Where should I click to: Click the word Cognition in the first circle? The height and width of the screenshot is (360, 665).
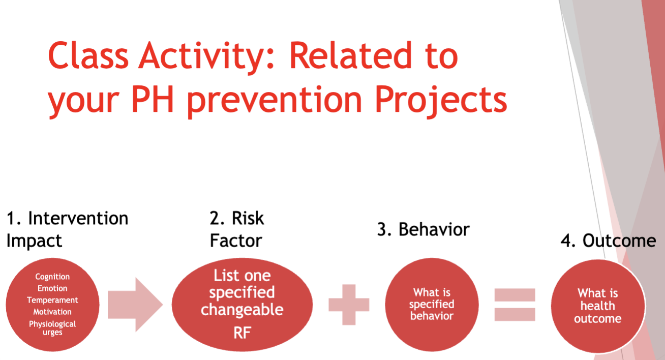[52, 277]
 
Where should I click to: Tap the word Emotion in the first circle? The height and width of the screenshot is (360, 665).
[52, 288]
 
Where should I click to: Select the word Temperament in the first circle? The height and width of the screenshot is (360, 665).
[52, 301]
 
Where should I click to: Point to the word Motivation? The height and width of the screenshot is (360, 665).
[52, 312]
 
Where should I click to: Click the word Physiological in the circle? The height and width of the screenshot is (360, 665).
[52, 324]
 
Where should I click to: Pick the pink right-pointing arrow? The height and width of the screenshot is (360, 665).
[135, 305]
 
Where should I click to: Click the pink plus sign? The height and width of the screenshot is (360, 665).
[349, 305]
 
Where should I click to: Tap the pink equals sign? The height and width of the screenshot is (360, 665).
[515, 305]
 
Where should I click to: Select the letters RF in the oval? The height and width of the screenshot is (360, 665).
[242, 333]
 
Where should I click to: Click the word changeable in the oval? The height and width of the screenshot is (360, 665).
[242, 310]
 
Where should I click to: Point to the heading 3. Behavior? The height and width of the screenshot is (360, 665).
[424, 230]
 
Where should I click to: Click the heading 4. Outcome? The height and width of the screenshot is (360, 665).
[608, 241]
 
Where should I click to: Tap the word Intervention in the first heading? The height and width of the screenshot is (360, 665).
[78, 219]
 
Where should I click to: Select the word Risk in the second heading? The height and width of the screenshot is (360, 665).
[248, 218]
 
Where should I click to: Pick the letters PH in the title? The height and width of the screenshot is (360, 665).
[153, 99]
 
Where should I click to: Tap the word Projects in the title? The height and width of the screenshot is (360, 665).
[441, 101]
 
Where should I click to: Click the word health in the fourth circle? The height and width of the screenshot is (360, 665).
[598, 306]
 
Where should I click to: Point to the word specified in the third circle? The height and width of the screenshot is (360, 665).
[432, 305]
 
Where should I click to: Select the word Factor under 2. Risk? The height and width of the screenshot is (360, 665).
[236, 241]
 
